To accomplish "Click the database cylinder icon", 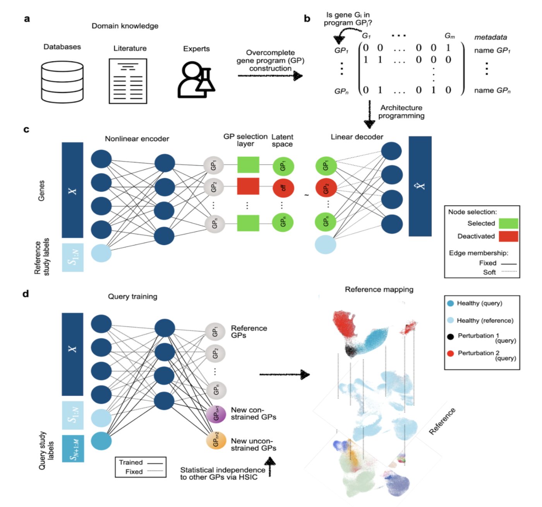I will coord(62,82).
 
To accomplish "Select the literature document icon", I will coord(128,81).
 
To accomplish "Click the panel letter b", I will coord(307,19).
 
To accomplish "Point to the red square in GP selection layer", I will coord(248,186).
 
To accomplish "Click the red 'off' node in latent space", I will coord(283,188).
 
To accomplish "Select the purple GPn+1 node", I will coord(216,414).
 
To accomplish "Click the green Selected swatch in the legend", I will coord(508,223).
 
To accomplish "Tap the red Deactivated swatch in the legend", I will coord(508,236).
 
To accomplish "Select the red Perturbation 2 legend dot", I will coord(450,354).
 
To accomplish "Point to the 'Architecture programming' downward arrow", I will coord(369,115).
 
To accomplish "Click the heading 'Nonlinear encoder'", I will coord(137,139).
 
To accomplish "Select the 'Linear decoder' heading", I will coord(357,137).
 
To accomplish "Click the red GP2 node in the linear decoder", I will coord(326,188).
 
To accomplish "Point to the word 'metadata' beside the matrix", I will coord(490,37).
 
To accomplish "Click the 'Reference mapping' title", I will coord(379,290).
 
